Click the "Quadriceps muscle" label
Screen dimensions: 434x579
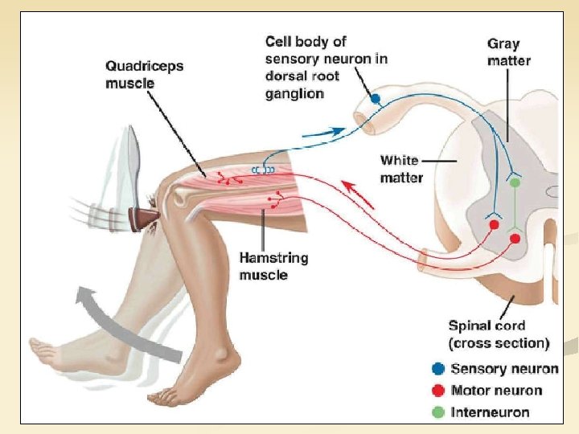(144, 74)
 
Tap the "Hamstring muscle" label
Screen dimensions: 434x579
(273, 266)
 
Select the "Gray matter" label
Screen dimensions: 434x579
(508, 52)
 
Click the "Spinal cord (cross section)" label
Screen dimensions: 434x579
(499, 334)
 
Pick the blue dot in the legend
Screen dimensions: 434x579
(438, 369)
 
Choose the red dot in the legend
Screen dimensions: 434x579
(438, 391)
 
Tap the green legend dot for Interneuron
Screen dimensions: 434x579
(438, 411)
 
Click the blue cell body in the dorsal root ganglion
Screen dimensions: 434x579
(376, 99)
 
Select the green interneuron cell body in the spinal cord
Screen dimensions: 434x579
(515, 183)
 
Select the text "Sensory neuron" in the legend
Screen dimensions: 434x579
(504, 369)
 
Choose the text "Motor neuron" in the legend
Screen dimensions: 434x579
(496, 391)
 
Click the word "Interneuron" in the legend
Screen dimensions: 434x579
(490, 411)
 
